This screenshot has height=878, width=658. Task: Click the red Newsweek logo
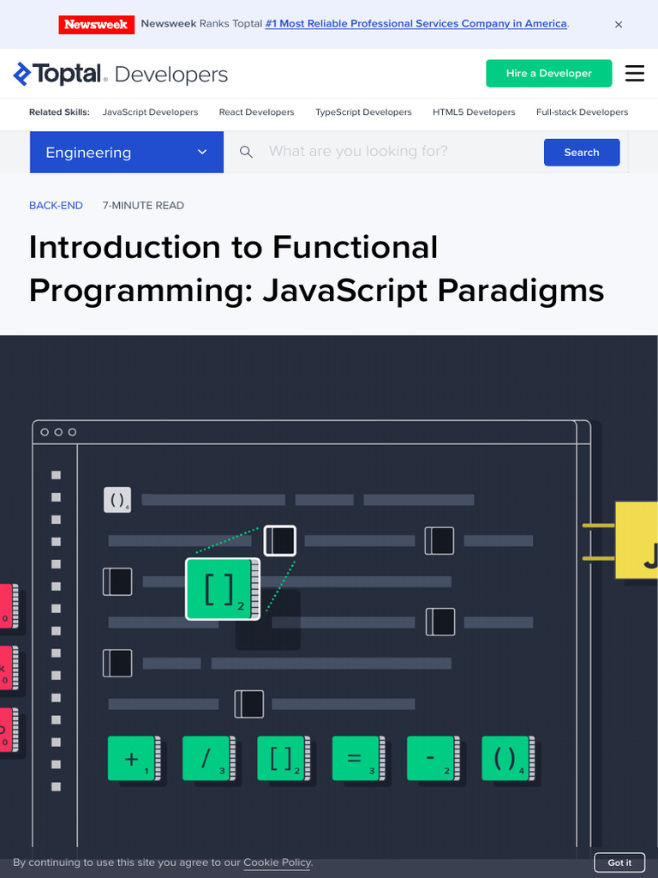click(96, 25)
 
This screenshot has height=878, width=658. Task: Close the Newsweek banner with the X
click(619, 25)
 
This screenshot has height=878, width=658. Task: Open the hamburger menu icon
click(635, 74)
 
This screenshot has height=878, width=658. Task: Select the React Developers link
click(256, 112)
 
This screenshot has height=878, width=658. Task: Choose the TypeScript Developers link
click(363, 112)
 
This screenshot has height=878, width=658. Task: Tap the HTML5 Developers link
click(474, 112)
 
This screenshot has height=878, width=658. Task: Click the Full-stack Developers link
click(582, 112)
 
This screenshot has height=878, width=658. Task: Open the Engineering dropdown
click(127, 153)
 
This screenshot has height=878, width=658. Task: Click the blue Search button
click(582, 153)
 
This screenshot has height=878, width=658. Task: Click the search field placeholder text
click(358, 151)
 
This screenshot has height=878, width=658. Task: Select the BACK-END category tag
click(56, 206)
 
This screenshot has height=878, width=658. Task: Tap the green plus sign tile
click(134, 758)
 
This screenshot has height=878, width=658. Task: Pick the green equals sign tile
click(358, 758)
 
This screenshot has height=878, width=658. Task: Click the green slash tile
click(209, 758)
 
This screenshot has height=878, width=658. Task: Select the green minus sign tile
click(433, 758)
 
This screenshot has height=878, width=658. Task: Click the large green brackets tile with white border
click(223, 589)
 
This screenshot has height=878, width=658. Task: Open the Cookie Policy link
click(277, 863)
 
